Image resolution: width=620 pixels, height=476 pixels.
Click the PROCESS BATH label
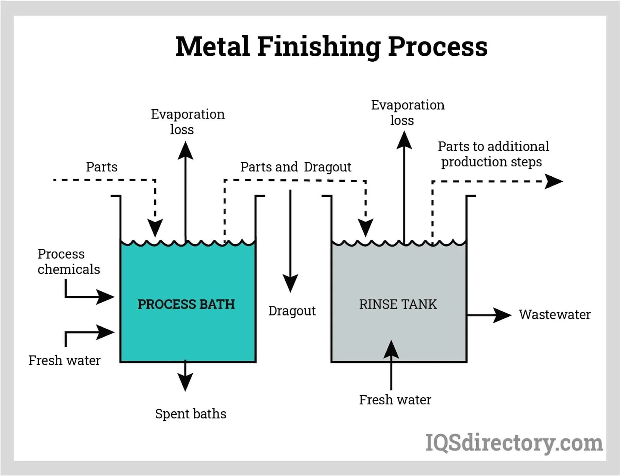click(x=186, y=304)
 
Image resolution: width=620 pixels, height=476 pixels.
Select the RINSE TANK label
click(x=398, y=304)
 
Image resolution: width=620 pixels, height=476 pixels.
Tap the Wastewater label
click(x=555, y=314)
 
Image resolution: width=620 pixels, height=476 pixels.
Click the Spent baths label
click(x=191, y=414)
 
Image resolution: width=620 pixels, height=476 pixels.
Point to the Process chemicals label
click(x=69, y=262)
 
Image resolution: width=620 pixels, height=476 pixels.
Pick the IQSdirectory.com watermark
click(x=514, y=443)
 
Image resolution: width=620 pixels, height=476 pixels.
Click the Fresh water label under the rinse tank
click(x=395, y=400)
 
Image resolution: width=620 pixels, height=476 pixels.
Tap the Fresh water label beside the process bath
click(x=64, y=360)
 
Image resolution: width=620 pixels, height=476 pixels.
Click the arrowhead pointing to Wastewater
click(x=503, y=315)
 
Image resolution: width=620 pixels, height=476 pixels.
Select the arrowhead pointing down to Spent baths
click(x=185, y=382)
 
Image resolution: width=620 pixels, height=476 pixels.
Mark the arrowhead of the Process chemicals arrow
click(x=105, y=297)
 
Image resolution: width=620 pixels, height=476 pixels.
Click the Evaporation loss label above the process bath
click(x=188, y=122)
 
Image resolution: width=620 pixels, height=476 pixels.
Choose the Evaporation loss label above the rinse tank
click(x=407, y=112)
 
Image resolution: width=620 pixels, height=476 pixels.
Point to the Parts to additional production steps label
click(x=493, y=154)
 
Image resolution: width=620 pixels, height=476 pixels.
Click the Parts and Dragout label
click(x=296, y=167)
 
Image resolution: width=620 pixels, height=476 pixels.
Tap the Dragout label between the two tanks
click(x=292, y=311)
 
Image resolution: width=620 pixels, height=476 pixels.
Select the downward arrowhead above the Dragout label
click(x=290, y=283)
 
